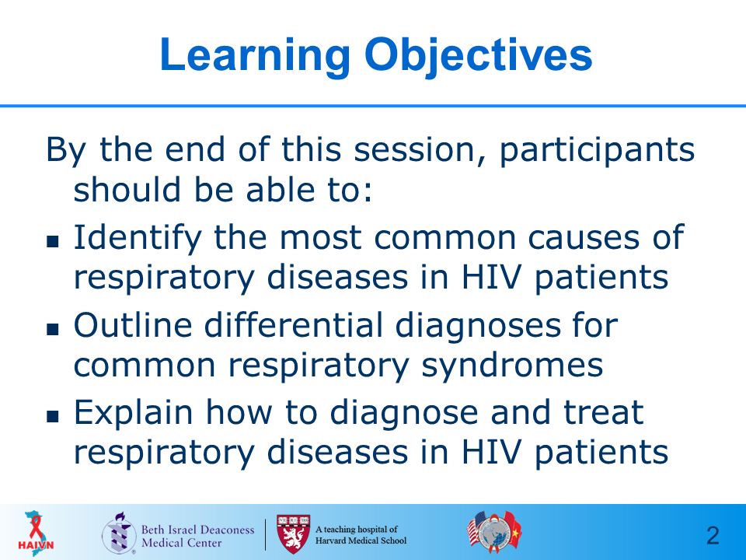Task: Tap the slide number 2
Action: pyautogui.click(x=713, y=536)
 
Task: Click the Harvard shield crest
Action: pyautogui.click(x=293, y=534)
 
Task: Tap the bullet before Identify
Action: pyautogui.click(x=53, y=241)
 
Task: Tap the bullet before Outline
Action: pyautogui.click(x=53, y=329)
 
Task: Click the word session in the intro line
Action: pyautogui.click(x=414, y=149)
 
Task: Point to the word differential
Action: pyautogui.click(x=294, y=325)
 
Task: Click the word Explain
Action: pyautogui.click(x=133, y=414)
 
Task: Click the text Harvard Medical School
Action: pyautogui.click(x=361, y=541)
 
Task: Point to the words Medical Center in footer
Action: pyautogui.click(x=181, y=543)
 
